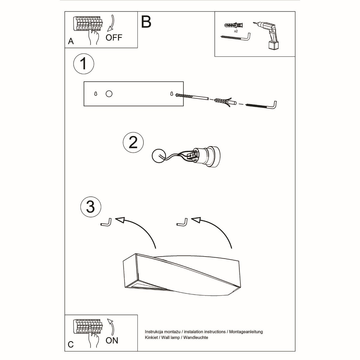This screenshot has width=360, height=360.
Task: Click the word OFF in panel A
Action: click(114, 37)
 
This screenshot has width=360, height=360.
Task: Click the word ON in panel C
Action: click(112, 340)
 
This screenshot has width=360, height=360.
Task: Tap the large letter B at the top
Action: click(146, 22)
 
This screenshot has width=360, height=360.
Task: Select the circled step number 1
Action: click(84, 64)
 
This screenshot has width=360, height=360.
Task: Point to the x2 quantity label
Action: click(236, 31)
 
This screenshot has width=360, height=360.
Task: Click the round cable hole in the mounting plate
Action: click(109, 94)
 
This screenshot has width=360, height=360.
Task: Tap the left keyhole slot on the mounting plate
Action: click(96, 94)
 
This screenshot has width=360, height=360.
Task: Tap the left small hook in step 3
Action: click(106, 223)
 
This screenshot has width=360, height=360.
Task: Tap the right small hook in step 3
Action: click(182, 222)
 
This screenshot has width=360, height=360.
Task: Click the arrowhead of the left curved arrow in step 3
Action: click(120, 220)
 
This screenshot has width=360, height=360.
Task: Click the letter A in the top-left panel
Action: click(71, 41)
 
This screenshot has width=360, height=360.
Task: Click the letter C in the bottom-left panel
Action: click(71, 344)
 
